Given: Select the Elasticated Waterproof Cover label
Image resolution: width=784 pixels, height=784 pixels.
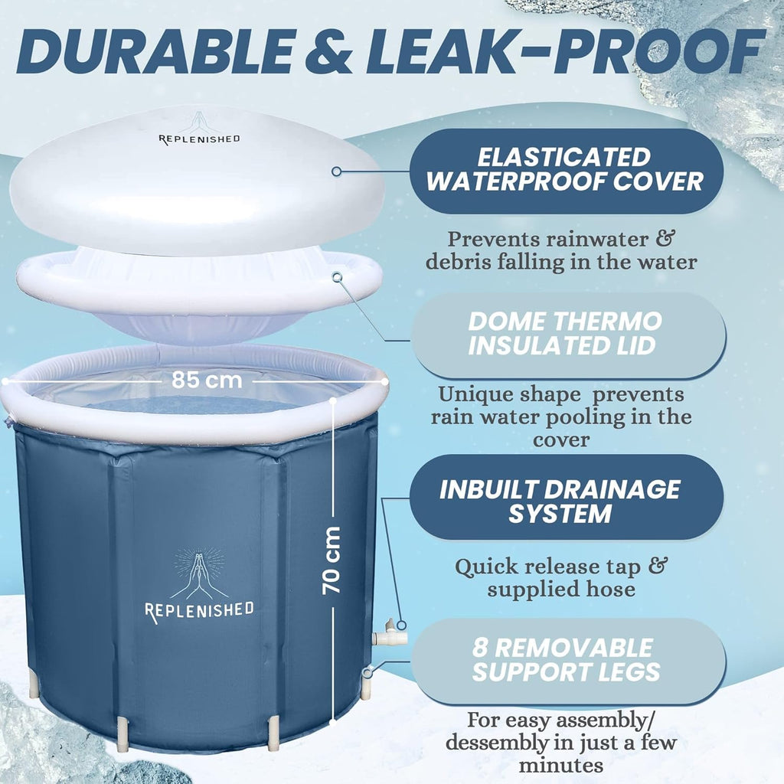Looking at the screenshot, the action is point(566,169).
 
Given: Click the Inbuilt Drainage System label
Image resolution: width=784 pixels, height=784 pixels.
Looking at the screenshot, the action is point(566,501).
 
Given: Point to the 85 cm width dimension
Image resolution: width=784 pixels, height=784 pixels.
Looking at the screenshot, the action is point(207,380).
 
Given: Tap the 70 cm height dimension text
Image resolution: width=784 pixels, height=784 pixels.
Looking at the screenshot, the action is point(331,560).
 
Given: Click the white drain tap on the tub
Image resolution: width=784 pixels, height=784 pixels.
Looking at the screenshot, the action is point(389,633).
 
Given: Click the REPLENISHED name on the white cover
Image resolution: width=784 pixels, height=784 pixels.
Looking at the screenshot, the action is point(199,139).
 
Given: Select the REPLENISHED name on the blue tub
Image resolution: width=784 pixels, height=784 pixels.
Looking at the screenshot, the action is point(199,611).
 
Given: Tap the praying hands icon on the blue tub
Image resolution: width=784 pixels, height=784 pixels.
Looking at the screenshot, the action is point(199,573).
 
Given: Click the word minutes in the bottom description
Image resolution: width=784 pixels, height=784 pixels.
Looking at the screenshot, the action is point(560,765).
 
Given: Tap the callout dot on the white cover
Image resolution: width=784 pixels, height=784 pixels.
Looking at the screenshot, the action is point(337,171).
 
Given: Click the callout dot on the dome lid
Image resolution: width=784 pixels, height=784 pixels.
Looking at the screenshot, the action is point(338,276).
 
